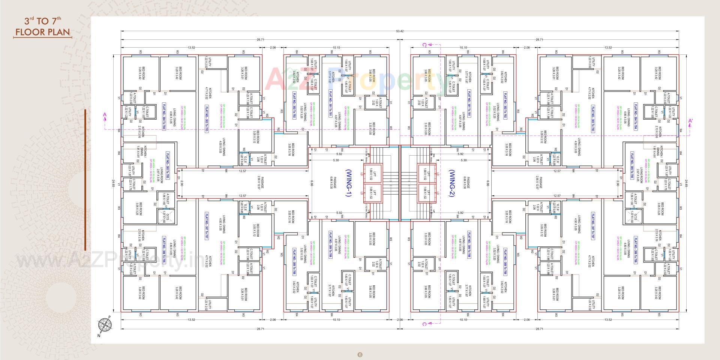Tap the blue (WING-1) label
(348, 183)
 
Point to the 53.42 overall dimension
(400, 31)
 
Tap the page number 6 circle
(360, 354)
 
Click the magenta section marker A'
(690, 121)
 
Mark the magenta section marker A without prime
(105, 115)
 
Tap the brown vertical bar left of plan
(85, 180)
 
